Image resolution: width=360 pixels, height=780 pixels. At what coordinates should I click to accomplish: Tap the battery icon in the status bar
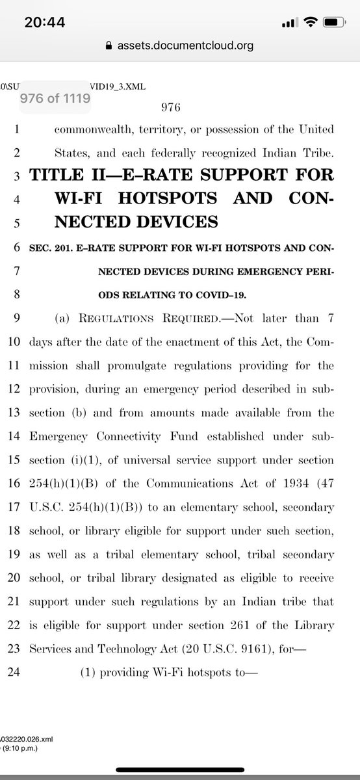(x=330, y=23)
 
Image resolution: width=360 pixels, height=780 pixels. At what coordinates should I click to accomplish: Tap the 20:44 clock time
(x=45, y=22)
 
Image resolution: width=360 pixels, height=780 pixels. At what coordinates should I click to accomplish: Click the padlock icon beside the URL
(x=109, y=46)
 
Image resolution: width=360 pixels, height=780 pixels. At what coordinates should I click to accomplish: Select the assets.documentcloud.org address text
(x=185, y=46)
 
